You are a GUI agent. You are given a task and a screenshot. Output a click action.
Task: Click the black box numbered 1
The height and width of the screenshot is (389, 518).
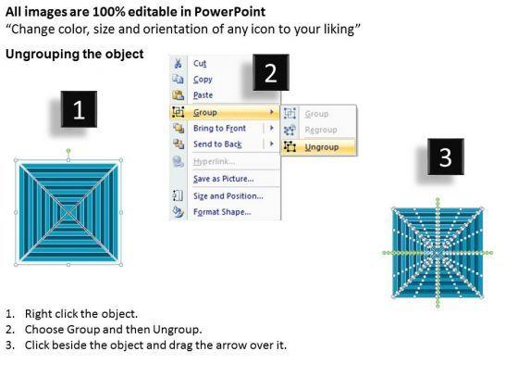[x=79, y=109]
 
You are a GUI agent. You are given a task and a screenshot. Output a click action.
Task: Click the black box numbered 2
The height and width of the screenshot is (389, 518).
[x=271, y=72]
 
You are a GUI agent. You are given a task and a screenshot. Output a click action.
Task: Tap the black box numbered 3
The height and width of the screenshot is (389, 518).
[x=446, y=157]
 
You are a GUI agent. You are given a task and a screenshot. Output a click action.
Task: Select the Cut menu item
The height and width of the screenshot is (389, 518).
[x=200, y=63]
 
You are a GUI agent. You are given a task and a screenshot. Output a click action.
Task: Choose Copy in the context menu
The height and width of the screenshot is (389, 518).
[x=203, y=80]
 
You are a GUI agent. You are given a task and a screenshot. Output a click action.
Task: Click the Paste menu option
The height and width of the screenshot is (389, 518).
[x=203, y=95]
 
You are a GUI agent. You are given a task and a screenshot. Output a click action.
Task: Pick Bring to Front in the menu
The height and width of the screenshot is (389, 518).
[x=219, y=128]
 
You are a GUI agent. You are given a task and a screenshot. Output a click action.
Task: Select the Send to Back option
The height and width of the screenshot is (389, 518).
[x=217, y=144]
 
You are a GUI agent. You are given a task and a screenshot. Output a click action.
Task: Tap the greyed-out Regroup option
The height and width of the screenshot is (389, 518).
[x=321, y=130]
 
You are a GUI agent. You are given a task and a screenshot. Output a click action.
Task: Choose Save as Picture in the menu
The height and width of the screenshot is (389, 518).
[x=224, y=179]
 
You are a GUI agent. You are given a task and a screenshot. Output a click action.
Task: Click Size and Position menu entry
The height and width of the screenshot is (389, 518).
[x=228, y=196]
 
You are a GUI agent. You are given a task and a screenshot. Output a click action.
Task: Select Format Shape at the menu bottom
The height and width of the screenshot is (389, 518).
[x=222, y=212]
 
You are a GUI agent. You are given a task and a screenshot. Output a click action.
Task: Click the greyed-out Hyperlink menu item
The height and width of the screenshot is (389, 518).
[x=214, y=161]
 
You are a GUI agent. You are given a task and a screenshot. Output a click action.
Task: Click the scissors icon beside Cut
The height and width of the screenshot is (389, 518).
[x=178, y=63]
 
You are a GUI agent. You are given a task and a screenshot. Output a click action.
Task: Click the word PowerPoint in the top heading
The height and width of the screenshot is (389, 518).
[x=229, y=12]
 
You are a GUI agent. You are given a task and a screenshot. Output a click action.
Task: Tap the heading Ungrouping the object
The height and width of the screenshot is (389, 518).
[x=75, y=54]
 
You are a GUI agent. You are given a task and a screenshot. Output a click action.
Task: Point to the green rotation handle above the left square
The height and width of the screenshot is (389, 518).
[x=68, y=151]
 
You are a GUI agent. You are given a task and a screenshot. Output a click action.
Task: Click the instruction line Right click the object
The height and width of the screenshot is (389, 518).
[x=81, y=314]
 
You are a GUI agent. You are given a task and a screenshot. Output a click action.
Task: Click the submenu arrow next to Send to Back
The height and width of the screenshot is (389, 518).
[x=272, y=144]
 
